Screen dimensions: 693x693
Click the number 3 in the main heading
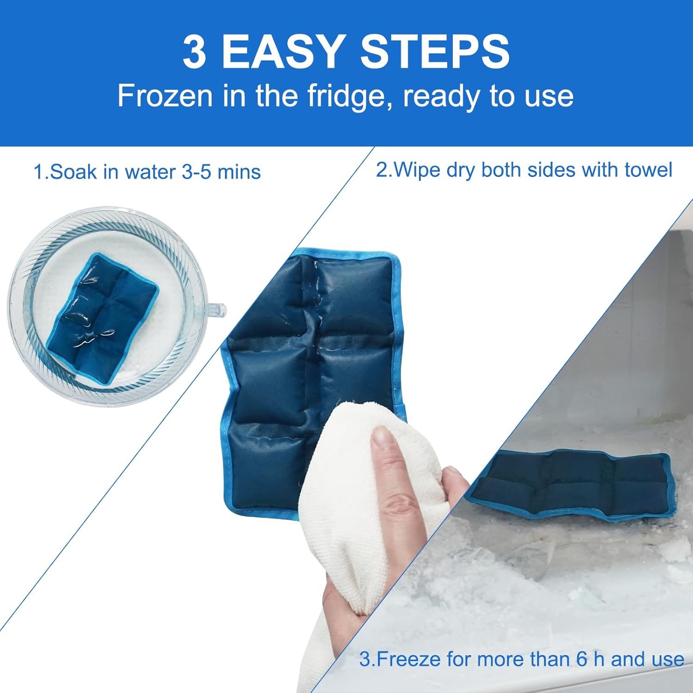click(194, 52)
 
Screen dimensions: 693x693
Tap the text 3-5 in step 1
click(197, 172)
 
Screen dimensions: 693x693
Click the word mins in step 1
click(239, 172)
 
